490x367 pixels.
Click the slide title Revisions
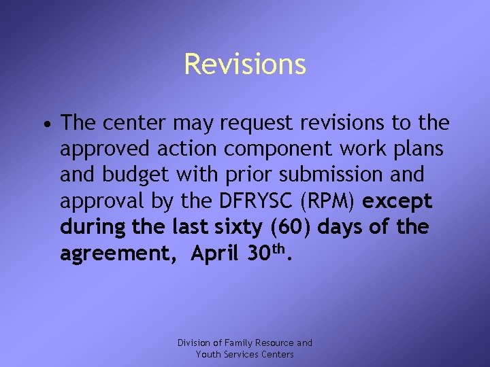click(x=245, y=65)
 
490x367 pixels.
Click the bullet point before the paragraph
click(x=44, y=124)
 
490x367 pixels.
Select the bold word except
click(x=398, y=201)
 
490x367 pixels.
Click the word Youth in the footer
click(x=208, y=354)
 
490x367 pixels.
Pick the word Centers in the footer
click(x=274, y=354)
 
